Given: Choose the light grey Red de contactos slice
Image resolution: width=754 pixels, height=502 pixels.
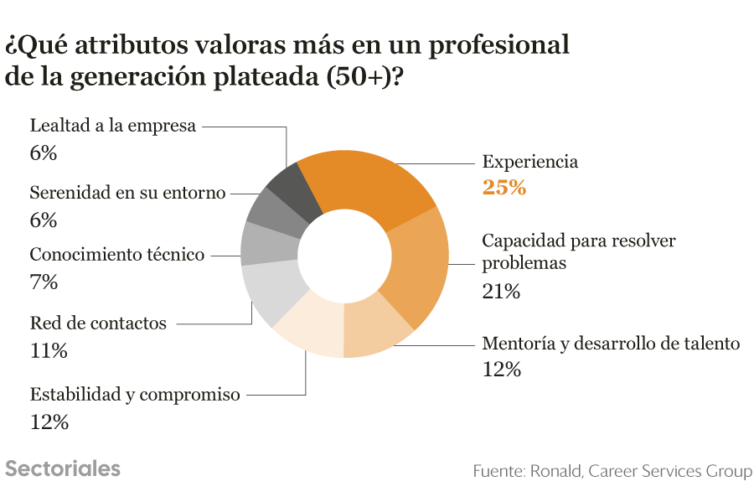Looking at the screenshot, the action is (x=272, y=291).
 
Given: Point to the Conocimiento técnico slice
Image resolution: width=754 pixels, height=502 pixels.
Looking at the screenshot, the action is (x=269, y=243).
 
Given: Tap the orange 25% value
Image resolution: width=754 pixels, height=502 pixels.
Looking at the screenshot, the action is (x=504, y=187).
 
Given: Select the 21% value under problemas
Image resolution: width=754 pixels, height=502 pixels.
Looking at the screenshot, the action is (x=501, y=292).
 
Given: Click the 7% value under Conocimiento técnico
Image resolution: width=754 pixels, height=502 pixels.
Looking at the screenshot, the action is (x=44, y=282).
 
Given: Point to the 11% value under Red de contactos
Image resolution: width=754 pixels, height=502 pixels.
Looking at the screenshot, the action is (x=49, y=350).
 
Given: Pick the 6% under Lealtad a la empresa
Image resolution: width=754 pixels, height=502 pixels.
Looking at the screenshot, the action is (x=44, y=153).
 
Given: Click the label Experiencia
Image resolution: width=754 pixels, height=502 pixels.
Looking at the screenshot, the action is (x=530, y=162).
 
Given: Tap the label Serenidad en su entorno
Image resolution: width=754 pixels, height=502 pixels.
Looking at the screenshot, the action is (x=127, y=193).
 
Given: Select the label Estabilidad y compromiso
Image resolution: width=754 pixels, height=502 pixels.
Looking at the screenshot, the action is (x=135, y=394).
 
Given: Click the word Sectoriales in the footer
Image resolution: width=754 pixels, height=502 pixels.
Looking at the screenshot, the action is (x=63, y=468).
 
